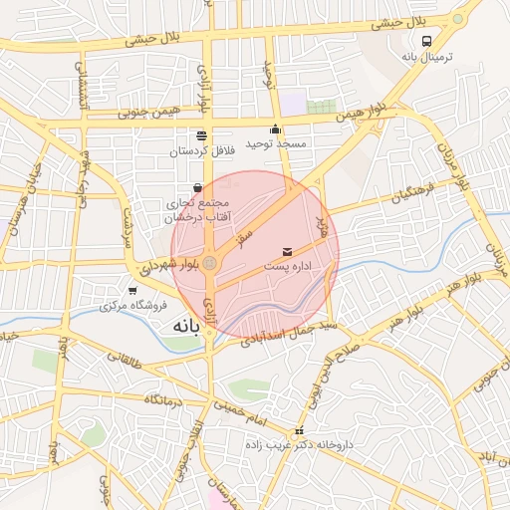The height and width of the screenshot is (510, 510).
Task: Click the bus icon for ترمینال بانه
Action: click(x=427, y=42)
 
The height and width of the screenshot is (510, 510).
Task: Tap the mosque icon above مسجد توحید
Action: click(x=276, y=128)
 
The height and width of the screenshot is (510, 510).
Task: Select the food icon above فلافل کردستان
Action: click(x=202, y=134)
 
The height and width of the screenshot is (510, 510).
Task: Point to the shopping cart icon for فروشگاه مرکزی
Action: click(x=132, y=290)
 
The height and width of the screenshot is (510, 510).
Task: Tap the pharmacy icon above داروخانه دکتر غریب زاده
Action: click(x=300, y=430)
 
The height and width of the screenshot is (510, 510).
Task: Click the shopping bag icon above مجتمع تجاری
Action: click(x=197, y=187)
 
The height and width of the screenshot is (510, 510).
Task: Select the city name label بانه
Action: click(x=186, y=326)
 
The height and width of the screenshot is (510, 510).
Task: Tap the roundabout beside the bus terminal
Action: click(x=458, y=18)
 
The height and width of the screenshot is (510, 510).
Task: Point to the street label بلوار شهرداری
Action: click(x=170, y=266)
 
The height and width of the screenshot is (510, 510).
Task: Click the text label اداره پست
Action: click(x=289, y=268)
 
